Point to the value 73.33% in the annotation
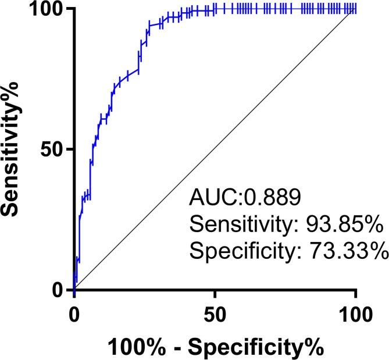[x=348, y=252]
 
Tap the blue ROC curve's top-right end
[x=355, y=9]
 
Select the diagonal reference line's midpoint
[x=215, y=149]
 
